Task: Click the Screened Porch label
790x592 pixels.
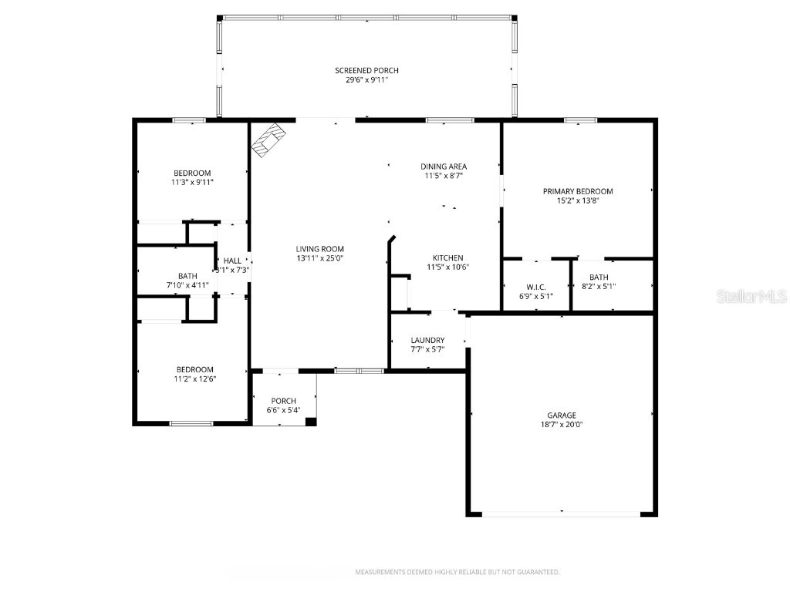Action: point(366,70)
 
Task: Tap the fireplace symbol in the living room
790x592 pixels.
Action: point(270,140)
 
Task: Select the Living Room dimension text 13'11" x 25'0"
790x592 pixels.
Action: point(319,258)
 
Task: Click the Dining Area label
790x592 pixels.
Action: point(443,166)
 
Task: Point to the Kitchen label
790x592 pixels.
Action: point(447,257)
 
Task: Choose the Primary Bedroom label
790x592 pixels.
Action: point(577,191)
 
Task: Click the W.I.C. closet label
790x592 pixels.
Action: point(536,287)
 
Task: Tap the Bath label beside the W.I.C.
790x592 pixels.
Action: point(598,277)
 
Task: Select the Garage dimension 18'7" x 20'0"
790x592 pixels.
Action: point(561,424)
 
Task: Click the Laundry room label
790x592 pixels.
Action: point(427,340)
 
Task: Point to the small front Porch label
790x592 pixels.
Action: point(283,401)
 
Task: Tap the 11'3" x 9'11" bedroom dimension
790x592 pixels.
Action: point(192,183)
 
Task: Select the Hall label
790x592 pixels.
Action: point(232,261)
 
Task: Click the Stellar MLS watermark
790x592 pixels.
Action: point(751,296)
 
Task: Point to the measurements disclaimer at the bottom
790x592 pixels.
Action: point(457,572)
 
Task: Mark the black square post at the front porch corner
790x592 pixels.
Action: point(310,421)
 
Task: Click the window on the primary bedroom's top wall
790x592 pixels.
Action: point(580,120)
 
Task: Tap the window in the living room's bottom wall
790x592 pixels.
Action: point(359,371)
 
